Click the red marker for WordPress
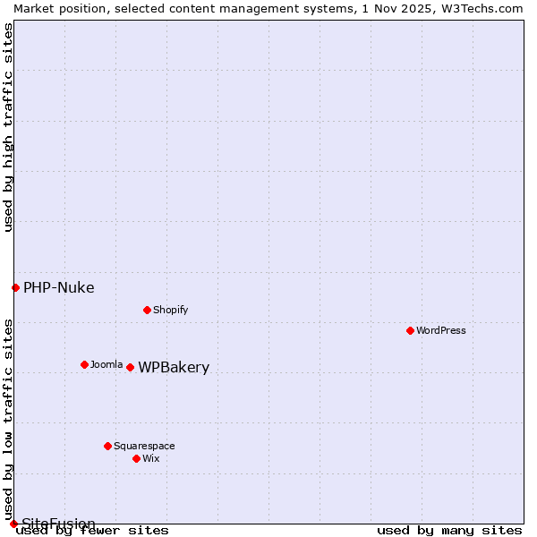pos(411,330)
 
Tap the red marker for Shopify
pos(148,310)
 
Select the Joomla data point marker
pos(85,364)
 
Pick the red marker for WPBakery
pos(131,367)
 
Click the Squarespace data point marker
pos(108,446)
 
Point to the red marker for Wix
pos(137,458)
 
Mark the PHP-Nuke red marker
pos(15,287)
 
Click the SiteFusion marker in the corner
pos(13,524)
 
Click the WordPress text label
pos(441,330)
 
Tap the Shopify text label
pos(170,310)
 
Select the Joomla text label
pos(107,364)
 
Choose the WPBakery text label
pos(174,368)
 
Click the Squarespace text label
pos(144,446)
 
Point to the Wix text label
pos(151,458)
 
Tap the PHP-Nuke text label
pos(59,287)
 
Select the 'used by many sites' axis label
pos(449,530)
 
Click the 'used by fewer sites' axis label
pos(92,530)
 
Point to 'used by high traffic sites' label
pos(8,127)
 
